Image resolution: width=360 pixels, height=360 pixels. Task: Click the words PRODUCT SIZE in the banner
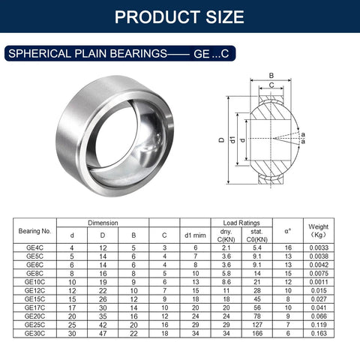[x=180, y=16]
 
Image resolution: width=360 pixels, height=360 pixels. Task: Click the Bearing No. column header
[x=35, y=231]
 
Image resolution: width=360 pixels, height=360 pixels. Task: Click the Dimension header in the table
[x=103, y=223]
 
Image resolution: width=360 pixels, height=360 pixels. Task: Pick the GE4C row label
[x=35, y=247]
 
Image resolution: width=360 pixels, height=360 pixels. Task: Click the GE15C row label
[x=35, y=298]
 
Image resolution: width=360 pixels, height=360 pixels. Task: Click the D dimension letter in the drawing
[x=222, y=139]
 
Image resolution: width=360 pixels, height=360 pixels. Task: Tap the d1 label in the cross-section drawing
[x=233, y=140]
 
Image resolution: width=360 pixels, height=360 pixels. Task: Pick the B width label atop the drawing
[x=271, y=75]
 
